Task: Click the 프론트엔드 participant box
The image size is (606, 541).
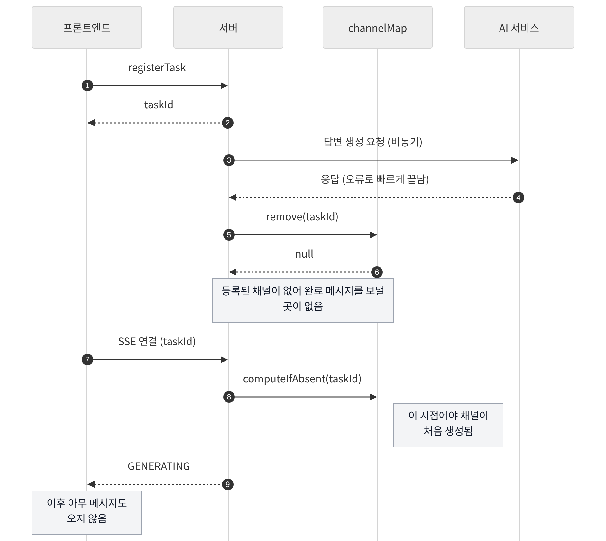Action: click(x=87, y=27)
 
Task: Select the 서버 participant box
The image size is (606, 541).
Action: click(x=228, y=27)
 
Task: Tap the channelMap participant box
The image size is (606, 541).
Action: click(x=378, y=27)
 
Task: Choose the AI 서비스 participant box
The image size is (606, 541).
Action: click(x=519, y=27)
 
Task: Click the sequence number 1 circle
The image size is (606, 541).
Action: click(x=87, y=86)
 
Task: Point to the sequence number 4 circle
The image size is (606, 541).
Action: click(x=519, y=197)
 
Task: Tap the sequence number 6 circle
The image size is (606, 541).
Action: click(x=377, y=272)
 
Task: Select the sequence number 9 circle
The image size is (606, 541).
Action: click(x=228, y=484)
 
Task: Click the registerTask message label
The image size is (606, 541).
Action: click(x=157, y=68)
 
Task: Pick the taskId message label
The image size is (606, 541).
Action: click(x=159, y=105)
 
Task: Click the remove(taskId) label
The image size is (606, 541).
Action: click(x=302, y=217)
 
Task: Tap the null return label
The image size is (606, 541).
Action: click(x=304, y=254)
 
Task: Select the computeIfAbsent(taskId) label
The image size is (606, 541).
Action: click(x=302, y=379)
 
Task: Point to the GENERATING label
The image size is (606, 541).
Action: click(x=159, y=466)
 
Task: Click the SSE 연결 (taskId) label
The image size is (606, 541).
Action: click(x=157, y=342)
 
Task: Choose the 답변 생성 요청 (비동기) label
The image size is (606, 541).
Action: click(x=373, y=142)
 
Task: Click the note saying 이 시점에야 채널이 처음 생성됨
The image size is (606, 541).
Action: click(x=448, y=425)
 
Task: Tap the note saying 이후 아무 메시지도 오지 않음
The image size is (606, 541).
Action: click(x=87, y=513)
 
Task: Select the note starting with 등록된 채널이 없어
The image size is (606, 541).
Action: click(x=303, y=300)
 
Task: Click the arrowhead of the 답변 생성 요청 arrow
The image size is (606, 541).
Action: click(x=515, y=160)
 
